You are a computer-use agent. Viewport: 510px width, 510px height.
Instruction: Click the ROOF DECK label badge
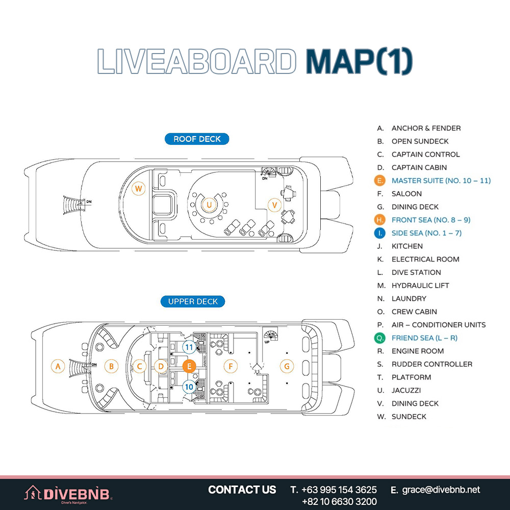click(x=197, y=139)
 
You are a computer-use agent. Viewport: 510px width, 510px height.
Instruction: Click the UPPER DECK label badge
click(x=193, y=301)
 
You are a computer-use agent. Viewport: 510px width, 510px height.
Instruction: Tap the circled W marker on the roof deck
click(x=139, y=189)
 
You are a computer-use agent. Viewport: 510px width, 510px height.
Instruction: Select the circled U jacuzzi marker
click(x=209, y=205)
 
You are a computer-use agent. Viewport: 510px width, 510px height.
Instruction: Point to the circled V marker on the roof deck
click(x=274, y=205)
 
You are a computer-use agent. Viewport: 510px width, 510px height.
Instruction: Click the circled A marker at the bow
click(x=58, y=366)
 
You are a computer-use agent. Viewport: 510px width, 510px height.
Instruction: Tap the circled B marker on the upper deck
click(x=111, y=366)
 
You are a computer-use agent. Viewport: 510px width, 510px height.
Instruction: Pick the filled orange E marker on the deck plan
click(x=189, y=366)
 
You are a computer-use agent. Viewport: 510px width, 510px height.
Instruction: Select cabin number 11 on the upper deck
click(x=189, y=347)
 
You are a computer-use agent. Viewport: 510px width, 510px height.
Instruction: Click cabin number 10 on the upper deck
click(x=189, y=387)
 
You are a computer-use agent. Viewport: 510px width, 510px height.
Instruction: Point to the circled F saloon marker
click(x=231, y=366)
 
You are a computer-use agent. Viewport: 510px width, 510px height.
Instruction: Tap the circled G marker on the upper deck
click(x=287, y=366)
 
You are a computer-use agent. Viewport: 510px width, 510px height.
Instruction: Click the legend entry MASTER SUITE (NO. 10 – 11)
click(x=441, y=181)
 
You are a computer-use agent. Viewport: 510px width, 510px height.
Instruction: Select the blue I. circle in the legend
click(x=379, y=233)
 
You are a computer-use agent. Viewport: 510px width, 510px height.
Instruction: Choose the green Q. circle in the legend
click(x=379, y=338)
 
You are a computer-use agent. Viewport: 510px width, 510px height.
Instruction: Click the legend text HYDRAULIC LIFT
click(x=420, y=286)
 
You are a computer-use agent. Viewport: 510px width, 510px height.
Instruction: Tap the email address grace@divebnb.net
click(x=441, y=490)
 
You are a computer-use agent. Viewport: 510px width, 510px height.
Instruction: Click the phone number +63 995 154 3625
click(x=339, y=490)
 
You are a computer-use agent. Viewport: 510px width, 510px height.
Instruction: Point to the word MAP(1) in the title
click(x=359, y=62)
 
